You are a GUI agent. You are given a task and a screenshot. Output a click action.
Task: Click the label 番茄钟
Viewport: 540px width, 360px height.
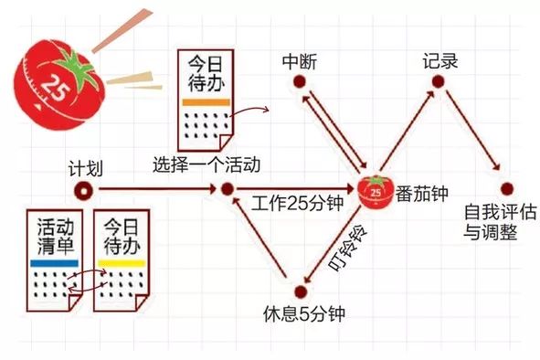421,194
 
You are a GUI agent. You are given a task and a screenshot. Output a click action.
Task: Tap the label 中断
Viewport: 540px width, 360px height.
299,62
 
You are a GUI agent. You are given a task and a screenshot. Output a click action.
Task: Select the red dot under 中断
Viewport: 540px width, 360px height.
299,83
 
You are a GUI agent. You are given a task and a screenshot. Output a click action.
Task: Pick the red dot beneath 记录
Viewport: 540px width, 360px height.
439,83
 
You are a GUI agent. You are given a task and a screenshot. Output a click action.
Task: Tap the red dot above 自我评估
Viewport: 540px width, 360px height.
506,189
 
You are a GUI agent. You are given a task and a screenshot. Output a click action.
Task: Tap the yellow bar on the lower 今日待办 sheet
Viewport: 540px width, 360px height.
122,263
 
